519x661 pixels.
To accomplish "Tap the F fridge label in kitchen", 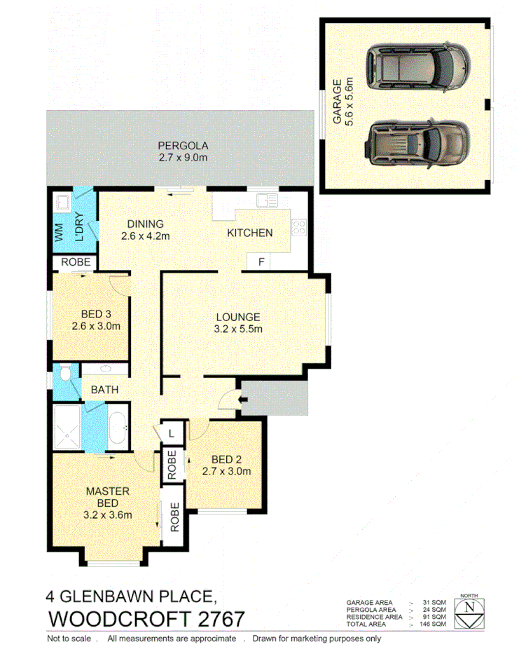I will (x=261, y=262).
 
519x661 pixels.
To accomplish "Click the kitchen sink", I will (x=268, y=202).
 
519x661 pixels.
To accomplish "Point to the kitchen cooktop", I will (x=299, y=227).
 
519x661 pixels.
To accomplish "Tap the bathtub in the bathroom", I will (x=118, y=425).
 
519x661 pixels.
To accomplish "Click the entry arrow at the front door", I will (x=242, y=400).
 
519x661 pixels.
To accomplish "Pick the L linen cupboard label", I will (x=172, y=433).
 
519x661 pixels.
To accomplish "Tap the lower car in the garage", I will (x=419, y=142).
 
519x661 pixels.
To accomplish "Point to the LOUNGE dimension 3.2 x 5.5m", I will (x=238, y=329).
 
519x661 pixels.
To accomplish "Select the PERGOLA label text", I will (x=183, y=146).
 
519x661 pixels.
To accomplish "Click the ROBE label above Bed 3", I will (x=75, y=262).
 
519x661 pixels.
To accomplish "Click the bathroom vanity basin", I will (x=106, y=369).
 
